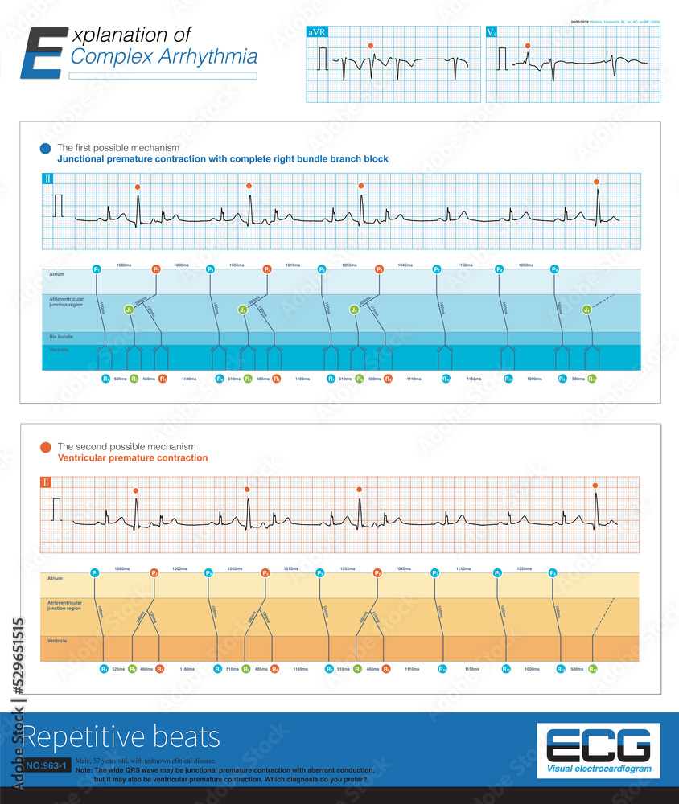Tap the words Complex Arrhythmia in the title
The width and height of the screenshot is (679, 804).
(164, 57)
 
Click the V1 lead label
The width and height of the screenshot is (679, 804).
(492, 33)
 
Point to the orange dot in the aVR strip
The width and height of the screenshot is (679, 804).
(370, 46)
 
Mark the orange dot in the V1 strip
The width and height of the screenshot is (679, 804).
(528, 46)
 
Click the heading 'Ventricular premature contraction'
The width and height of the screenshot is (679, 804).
(133, 458)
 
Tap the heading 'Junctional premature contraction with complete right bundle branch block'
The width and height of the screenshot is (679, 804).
(223, 159)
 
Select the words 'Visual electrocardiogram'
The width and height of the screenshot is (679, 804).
(599, 769)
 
